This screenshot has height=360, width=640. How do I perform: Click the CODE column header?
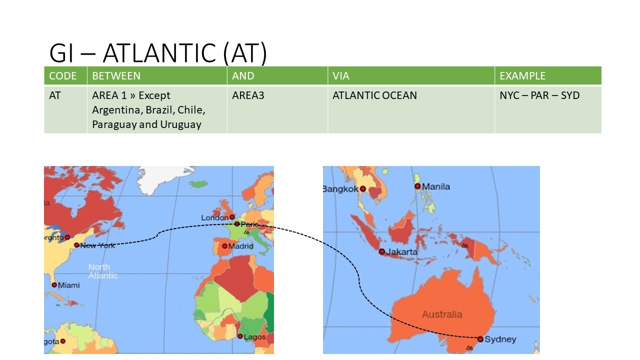pos(63,76)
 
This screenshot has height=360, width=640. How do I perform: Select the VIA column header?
pos(341,76)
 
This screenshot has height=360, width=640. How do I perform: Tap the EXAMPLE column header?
pos(522,76)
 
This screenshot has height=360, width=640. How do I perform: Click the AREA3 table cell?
pos(248,95)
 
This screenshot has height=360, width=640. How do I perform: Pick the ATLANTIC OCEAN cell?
pos(374,95)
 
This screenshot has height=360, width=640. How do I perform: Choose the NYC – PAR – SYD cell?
pos(539,95)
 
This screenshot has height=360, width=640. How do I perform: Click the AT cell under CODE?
pos(55,95)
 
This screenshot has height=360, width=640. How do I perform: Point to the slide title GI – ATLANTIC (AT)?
pos(158,53)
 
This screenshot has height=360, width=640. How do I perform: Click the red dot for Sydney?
pos(480,339)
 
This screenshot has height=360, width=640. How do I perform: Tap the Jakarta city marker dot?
pos(382,251)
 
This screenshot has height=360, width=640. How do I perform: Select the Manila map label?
pos(436,186)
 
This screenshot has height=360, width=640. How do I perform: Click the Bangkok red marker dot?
pos(363,189)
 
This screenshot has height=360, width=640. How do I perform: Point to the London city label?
pos(214,217)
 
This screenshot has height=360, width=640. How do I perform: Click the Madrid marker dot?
pos(224,246)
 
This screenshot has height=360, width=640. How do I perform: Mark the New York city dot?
pos(76,245)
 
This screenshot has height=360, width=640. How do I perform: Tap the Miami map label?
pos(69,285)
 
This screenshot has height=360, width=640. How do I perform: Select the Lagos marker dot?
pos(240,336)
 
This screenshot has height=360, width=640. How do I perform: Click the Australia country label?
pos(442,314)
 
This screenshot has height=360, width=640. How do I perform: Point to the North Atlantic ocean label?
pos(103,271)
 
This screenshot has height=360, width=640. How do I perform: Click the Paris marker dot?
pos(237,224)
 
